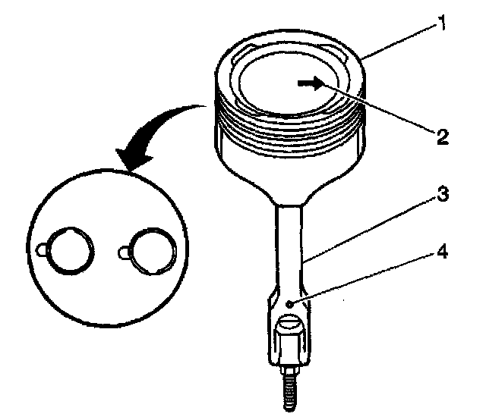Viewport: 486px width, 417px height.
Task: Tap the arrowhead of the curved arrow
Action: (128, 160)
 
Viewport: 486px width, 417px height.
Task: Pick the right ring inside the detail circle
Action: (153, 249)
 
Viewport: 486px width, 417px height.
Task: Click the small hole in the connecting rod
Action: (291, 303)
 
